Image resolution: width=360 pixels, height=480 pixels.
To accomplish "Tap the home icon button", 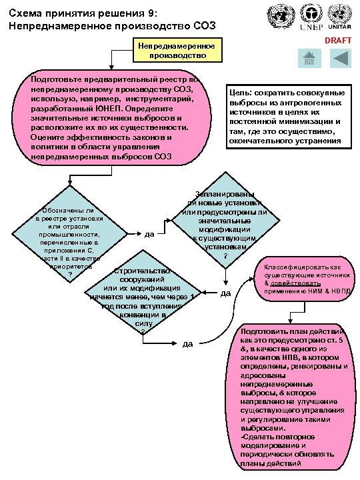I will click(x=308, y=59).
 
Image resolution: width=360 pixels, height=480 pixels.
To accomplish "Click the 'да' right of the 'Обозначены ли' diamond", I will click(x=149, y=234).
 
